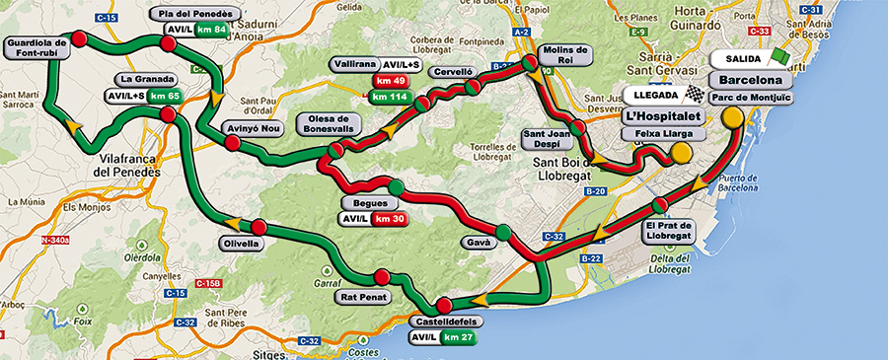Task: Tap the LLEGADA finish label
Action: click(653, 96)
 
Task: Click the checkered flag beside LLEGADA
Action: click(697, 96)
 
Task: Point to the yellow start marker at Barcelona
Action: click(732, 117)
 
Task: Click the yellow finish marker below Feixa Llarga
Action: click(681, 153)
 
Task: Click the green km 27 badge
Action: click(459, 338)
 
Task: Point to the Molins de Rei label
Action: click(565, 55)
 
